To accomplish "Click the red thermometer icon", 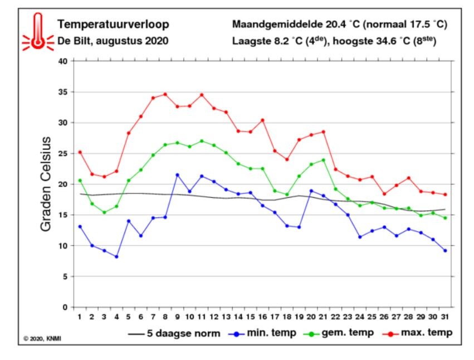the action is point(38,32).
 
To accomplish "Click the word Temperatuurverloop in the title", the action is point(114,25).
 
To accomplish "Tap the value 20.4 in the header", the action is point(335,24).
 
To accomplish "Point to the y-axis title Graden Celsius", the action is point(46,184).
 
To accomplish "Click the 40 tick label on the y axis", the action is point(63,61).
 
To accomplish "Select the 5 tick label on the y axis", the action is point(65,276).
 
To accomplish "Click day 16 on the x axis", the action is point(262,317).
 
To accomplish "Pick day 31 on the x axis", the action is point(444,317).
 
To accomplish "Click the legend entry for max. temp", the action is point(418,333).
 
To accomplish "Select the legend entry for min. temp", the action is point(262,333).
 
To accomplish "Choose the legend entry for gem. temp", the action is point(338,333).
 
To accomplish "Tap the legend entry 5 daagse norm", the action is point(174,333).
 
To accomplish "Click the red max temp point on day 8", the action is point(165,94).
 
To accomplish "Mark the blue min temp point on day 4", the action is point(116,257).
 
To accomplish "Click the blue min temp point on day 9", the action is point(178,175).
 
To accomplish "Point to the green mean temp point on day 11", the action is point(202,141).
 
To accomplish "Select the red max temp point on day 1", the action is point(80,152).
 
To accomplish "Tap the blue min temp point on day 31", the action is point(445,250).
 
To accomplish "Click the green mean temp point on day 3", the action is point(104,212).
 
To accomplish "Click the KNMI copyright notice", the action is point(42,338).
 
